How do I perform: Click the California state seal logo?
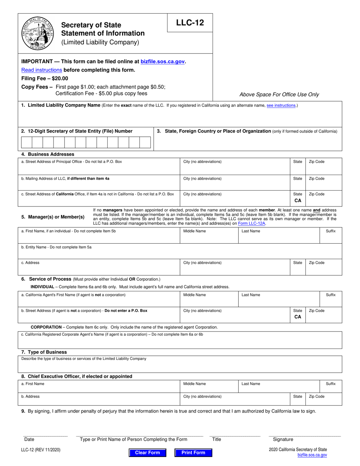pyautogui.click(x=38, y=33)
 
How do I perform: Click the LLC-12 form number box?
pyautogui.click(x=190, y=23)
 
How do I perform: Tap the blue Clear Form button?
pyautogui.click(x=147, y=453)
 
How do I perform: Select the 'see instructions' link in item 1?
pyautogui.click(x=281, y=105)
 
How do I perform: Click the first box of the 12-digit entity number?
pyautogui.click(x=27, y=142)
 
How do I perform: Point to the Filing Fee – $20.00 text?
pyautogui.click(x=45, y=78)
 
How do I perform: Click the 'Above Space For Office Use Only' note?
pyautogui.click(x=279, y=95)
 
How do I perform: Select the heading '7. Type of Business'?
pyautogui.click(x=44, y=352)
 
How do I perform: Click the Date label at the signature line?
pyautogui.click(x=29, y=439)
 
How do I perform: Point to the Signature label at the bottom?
pyautogui.click(x=283, y=439)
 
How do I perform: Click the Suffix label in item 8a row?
pyautogui.click(x=330, y=384)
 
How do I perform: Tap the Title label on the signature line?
pyautogui.click(x=216, y=439)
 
